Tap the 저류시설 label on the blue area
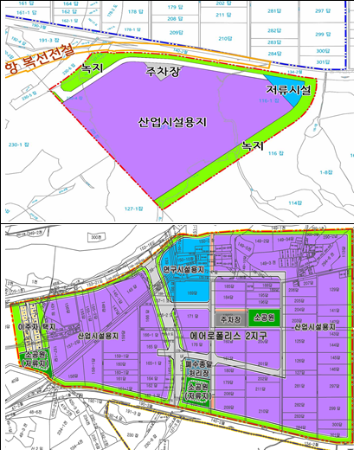[290, 89]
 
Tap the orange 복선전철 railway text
[39, 70]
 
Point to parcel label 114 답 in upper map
[296, 202]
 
